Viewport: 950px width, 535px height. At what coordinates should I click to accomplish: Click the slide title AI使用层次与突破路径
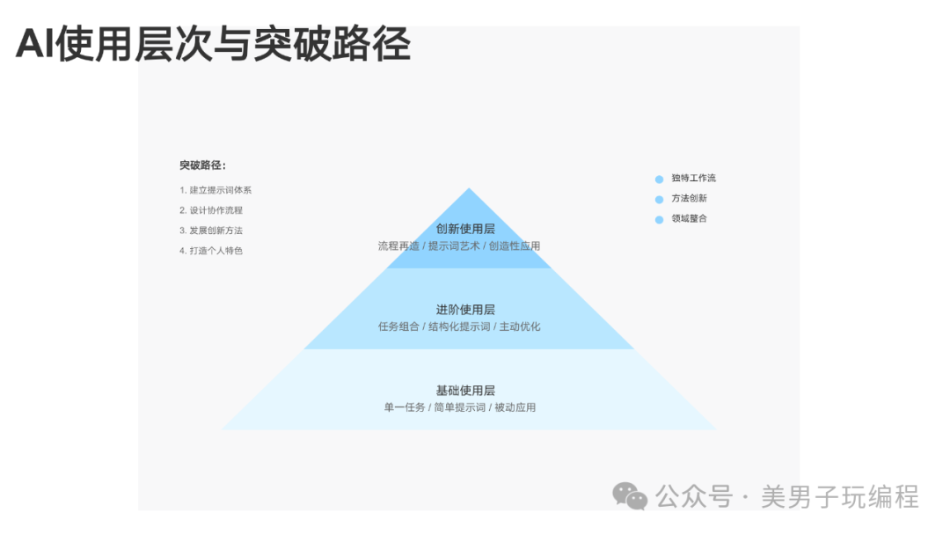(213, 44)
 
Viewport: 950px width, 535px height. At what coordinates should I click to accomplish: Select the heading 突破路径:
(202, 165)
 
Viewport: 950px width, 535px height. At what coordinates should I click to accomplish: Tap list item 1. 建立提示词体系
(216, 190)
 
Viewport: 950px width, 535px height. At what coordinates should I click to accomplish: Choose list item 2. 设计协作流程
(211, 210)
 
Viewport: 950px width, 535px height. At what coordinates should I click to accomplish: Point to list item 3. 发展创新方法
(211, 231)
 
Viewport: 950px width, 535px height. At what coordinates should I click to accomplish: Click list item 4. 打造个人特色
(211, 250)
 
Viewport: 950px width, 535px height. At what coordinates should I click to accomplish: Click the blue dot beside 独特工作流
(659, 179)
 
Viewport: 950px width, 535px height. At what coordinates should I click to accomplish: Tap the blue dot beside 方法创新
(659, 200)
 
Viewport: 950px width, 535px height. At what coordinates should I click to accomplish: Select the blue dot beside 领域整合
(659, 219)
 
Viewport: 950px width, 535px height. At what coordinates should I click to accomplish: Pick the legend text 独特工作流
(694, 178)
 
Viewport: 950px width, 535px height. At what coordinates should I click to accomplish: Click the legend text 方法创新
(689, 198)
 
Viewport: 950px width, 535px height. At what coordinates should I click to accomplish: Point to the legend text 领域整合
(689, 218)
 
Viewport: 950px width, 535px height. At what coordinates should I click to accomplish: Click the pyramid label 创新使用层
(465, 229)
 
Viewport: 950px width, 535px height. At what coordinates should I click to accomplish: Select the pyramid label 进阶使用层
(465, 310)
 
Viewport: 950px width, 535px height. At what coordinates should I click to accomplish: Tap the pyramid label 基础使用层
(465, 391)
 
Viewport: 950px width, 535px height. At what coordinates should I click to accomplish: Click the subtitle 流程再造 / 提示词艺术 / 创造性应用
(459, 246)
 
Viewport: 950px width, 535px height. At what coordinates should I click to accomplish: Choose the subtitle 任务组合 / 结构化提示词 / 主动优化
(459, 326)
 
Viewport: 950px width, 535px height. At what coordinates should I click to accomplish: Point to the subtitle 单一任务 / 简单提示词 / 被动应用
(460, 407)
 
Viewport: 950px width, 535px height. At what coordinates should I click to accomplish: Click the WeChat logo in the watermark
(630, 496)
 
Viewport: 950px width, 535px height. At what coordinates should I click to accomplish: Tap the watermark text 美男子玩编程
(840, 497)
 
